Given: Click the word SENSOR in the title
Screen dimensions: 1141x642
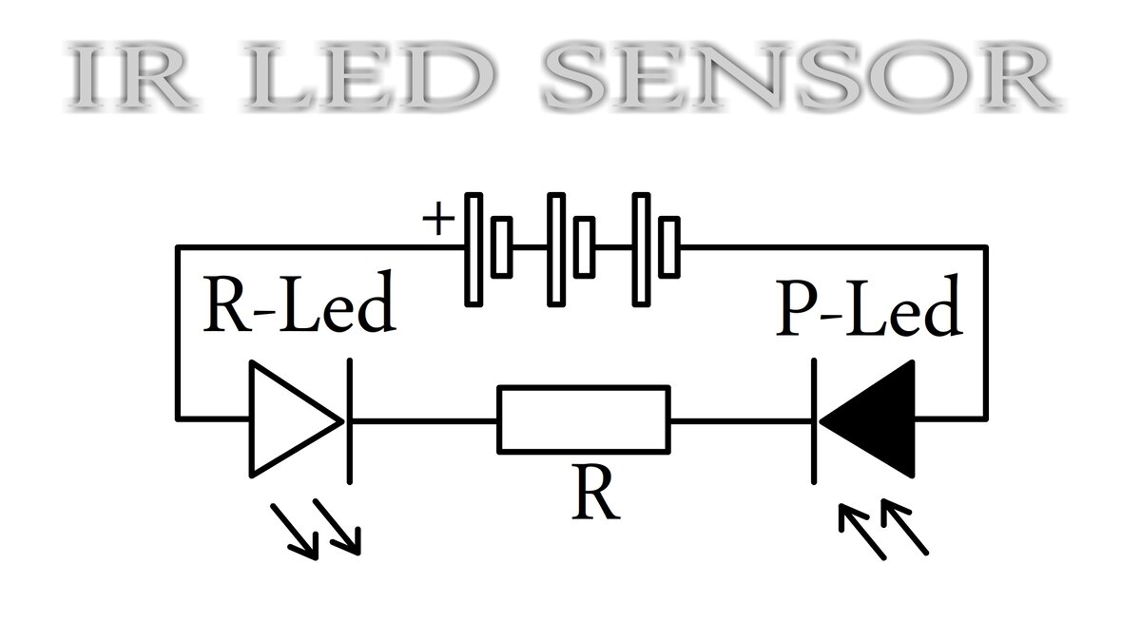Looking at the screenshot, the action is pos(801,75).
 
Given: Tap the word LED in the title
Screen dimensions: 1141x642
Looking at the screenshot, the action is pos(369,75).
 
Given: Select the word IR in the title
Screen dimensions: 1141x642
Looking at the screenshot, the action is pos(131,76).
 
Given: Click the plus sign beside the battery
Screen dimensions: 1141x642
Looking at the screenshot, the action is pos(438,219).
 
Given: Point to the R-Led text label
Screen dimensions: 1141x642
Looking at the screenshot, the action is pos(300,302).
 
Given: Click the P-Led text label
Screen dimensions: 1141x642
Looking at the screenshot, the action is pos(869,306).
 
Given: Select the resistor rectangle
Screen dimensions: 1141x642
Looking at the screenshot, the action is pos(584,419).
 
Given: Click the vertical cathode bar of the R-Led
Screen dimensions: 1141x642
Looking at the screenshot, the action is pos(350,421).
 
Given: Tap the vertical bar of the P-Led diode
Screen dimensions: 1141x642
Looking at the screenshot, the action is pos(814,421).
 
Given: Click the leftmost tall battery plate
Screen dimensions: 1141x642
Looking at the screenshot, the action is pos(474,249).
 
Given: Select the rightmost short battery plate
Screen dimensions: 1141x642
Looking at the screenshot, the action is pos(669,247).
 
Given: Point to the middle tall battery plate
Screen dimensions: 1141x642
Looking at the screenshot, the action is pos(556,249).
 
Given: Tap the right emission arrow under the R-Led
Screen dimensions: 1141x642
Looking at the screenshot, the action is pos(338,527).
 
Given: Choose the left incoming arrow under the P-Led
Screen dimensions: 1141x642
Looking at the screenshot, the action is pos(863,532).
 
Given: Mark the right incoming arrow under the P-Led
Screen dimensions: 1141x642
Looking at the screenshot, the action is pos(904,527).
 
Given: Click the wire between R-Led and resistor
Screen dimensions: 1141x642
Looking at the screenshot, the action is pos(424,421).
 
